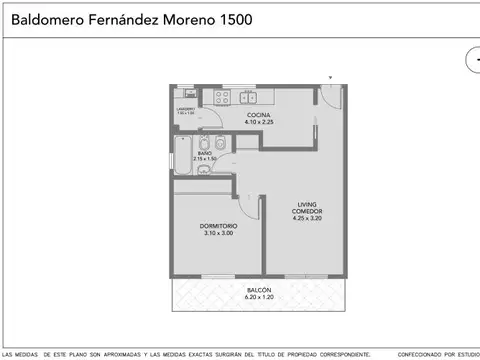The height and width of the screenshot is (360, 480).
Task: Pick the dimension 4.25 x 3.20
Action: (x=307, y=218)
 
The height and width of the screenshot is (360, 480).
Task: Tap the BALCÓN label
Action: (x=259, y=290)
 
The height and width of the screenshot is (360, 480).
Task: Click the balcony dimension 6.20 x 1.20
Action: (x=259, y=298)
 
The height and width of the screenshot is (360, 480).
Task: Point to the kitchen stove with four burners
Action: (x=221, y=98)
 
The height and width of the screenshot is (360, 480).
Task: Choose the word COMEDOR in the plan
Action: (x=307, y=211)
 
